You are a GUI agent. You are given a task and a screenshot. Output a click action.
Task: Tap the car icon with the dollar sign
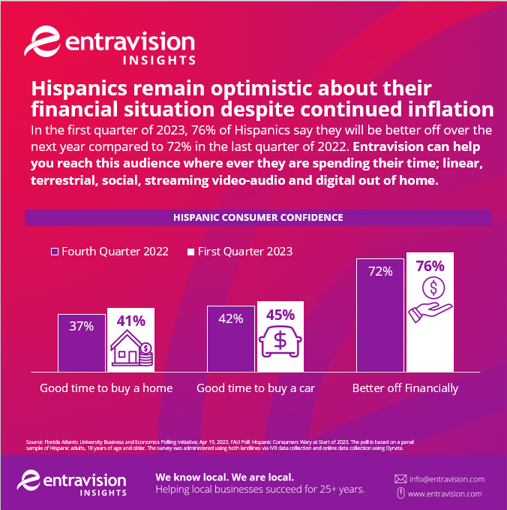point(280,341)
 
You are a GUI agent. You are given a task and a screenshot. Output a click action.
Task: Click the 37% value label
point(82,326)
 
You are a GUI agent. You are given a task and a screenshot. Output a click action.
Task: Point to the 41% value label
point(130,321)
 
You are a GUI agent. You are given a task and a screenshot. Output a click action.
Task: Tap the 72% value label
point(380,271)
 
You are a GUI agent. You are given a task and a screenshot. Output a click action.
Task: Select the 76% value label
point(430,266)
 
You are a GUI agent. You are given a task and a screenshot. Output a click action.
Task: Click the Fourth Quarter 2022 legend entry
point(109,251)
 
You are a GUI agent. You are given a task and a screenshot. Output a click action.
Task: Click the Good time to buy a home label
point(106,388)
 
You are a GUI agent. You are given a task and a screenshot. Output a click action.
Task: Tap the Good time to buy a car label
point(255,388)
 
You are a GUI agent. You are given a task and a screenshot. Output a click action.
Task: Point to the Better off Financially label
point(405,388)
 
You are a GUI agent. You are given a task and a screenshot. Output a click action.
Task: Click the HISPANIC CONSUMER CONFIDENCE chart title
point(258,217)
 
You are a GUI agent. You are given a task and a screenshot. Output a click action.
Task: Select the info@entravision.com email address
point(446,478)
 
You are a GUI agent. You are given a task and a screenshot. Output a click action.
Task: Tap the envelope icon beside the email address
point(400,478)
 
